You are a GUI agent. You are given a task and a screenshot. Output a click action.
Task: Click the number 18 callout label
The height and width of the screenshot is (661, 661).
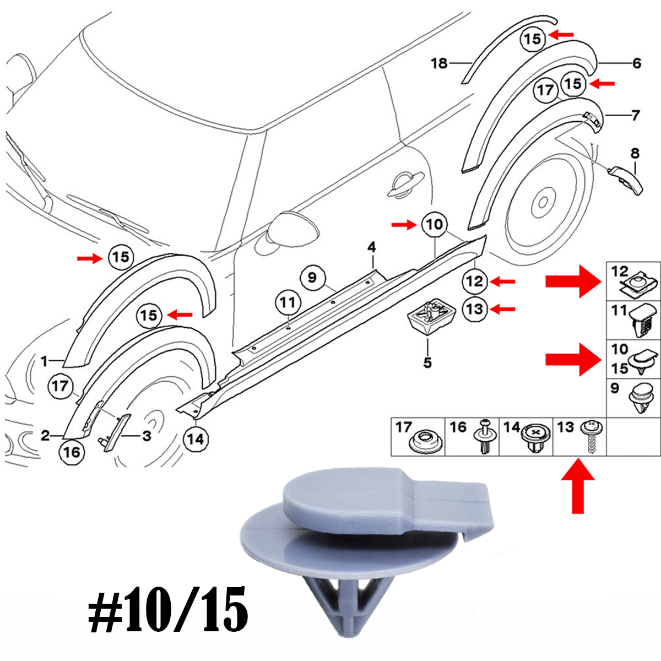pos(439,63)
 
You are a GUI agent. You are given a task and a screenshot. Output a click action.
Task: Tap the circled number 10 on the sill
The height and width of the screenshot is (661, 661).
pos(434,224)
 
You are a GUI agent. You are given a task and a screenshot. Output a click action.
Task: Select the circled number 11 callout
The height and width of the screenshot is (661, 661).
pos(287,302)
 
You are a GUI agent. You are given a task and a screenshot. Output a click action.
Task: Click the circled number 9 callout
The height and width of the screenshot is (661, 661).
pos(312,277)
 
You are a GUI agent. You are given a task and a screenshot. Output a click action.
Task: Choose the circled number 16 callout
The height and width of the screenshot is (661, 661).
pos(72,452)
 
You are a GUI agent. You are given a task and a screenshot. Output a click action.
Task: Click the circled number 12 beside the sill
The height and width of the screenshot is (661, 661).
pos(474,282)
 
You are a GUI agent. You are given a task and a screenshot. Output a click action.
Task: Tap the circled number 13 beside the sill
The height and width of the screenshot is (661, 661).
pos(474,309)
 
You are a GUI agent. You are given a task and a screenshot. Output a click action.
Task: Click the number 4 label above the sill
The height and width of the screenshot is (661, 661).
pos(372,248)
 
